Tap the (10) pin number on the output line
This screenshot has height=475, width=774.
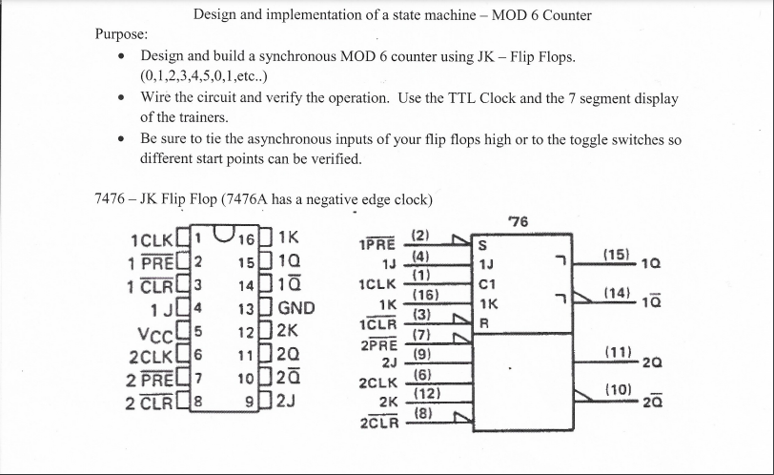[617, 390]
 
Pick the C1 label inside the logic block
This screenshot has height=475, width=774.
[486, 284]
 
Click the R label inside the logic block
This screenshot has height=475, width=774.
[483, 322]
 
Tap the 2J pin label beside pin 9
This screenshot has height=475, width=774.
[287, 398]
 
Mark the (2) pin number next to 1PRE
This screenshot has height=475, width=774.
[421, 235]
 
